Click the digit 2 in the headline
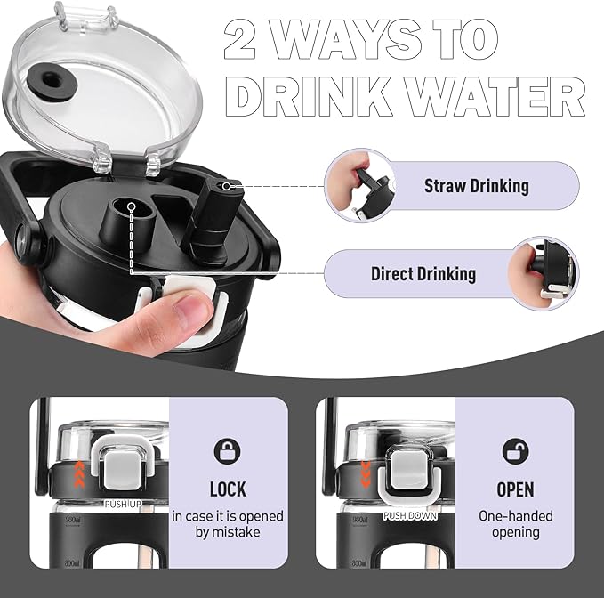[x=239, y=39]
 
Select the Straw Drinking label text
[x=477, y=186]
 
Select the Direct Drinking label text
[x=423, y=274]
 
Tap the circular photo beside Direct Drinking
[x=544, y=273]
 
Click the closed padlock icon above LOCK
[x=227, y=450]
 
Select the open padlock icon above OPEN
[x=515, y=451]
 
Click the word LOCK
[x=228, y=489]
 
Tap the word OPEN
[x=515, y=489]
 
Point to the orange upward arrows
[x=79, y=473]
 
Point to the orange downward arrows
[x=366, y=473]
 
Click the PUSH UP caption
[x=123, y=504]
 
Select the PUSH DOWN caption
[x=410, y=516]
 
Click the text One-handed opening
[x=515, y=524]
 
